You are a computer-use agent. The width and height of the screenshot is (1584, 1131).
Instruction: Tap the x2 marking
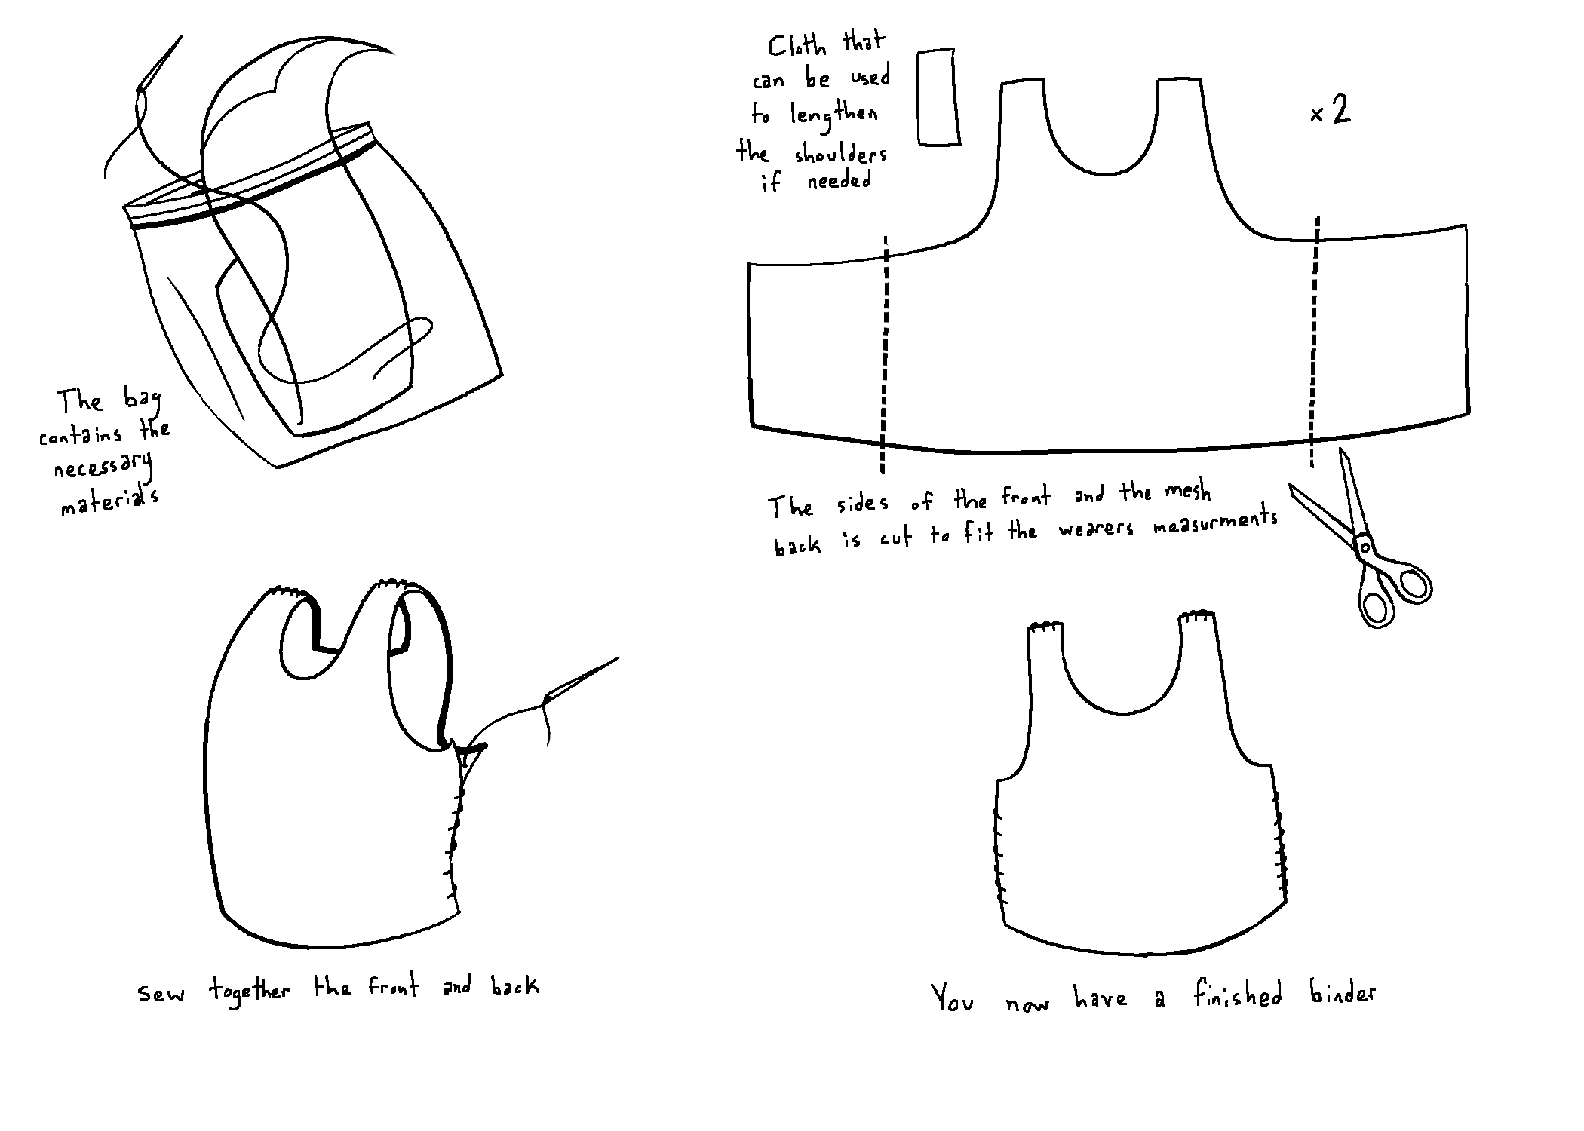coord(1331,112)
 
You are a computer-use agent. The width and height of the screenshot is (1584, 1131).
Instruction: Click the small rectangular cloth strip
coord(938,97)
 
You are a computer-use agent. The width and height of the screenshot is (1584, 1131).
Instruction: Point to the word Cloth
coord(797,45)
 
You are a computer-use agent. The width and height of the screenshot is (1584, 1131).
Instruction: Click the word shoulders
coord(840,155)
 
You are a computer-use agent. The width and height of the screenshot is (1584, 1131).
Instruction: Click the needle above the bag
coord(159,63)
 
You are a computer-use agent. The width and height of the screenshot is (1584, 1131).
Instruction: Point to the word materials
coord(110,501)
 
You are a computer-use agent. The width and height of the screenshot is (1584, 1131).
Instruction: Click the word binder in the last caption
coord(1343,994)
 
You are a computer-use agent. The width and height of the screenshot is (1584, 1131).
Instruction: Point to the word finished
coord(1238,995)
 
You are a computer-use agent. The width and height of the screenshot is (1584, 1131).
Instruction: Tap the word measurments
coord(1216,523)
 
